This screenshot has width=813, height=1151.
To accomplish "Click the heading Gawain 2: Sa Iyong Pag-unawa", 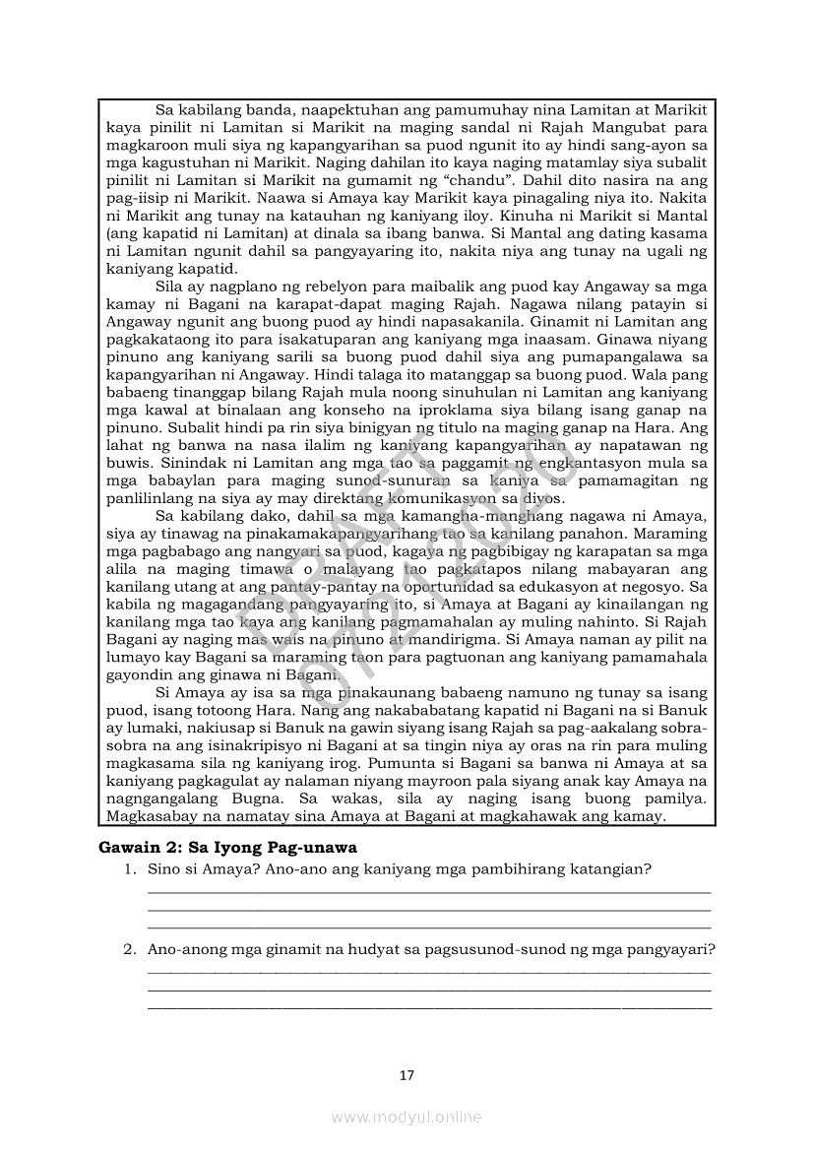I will (227, 847).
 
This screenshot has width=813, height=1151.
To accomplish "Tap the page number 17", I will (406, 1075).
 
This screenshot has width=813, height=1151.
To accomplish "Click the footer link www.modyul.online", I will (406, 1117).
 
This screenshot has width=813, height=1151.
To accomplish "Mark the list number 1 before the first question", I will (128, 869).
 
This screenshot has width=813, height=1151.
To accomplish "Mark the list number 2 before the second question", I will (128, 950).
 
